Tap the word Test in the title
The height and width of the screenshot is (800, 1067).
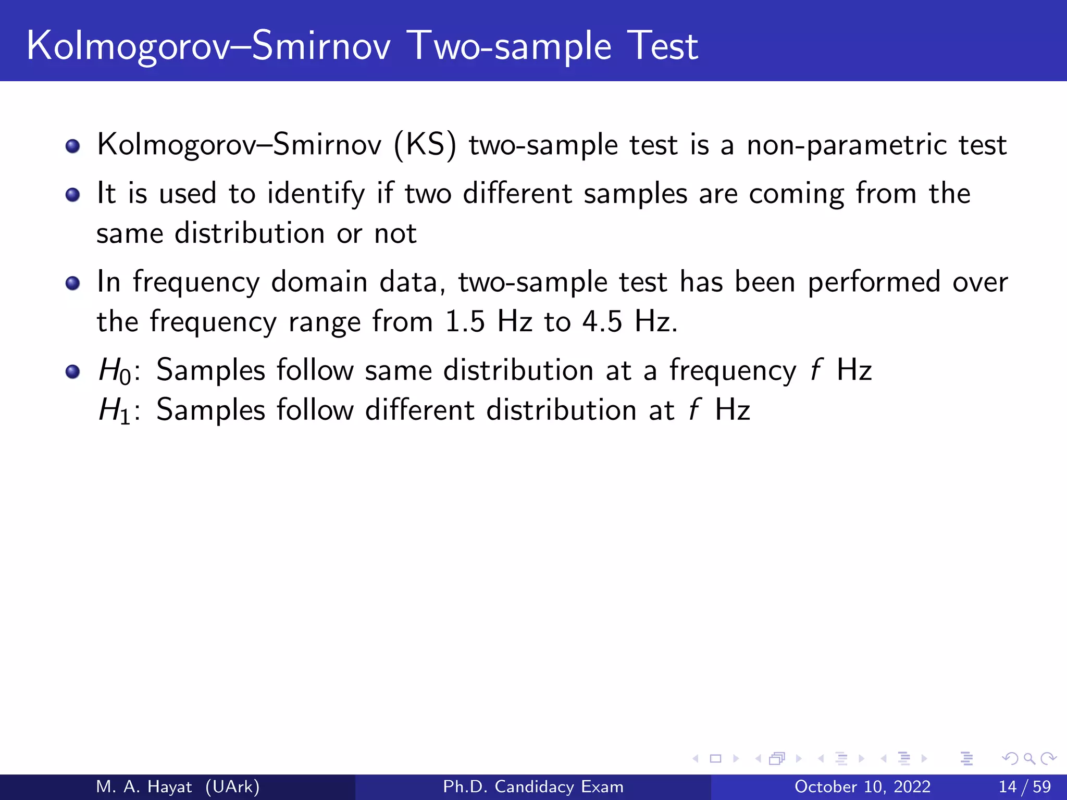[x=662, y=46]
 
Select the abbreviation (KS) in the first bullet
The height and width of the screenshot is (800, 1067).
[x=425, y=145]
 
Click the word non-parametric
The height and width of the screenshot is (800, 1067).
[x=847, y=145]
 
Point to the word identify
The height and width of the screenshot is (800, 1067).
[x=316, y=194]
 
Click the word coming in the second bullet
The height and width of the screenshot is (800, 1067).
[x=796, y=194]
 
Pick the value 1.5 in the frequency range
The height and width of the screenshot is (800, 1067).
[x=464, y=321]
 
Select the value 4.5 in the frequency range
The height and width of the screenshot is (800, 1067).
[x=602, y=321]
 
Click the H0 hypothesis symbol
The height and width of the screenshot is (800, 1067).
[x=115, y=371]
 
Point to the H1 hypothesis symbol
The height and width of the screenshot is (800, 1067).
[x=115, y=411]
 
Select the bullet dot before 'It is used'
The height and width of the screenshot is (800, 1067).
[x=73, y=195]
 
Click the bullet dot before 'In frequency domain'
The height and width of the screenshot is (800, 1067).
[x=73, y=283]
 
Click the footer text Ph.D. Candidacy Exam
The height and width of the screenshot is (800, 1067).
[x=533, y=786]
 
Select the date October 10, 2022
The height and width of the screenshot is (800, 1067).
[x=862, y=786]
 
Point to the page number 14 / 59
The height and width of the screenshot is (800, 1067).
[x=1024, y=786]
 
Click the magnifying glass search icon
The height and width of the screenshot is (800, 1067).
[x=1029, y=758]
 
